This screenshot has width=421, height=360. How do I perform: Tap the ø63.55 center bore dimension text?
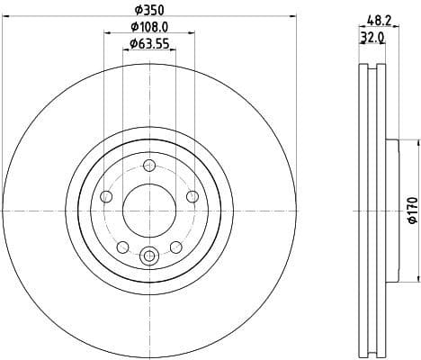149,42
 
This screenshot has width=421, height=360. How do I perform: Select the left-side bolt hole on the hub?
107,197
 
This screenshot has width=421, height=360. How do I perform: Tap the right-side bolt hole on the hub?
191,197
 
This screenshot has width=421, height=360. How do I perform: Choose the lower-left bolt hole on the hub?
123,247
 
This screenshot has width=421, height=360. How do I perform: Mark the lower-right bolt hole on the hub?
175,247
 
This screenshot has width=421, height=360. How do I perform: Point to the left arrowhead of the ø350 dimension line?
7,15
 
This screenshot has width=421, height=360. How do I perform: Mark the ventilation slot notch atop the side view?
371,73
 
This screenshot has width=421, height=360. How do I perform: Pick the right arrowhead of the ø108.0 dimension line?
193,32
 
